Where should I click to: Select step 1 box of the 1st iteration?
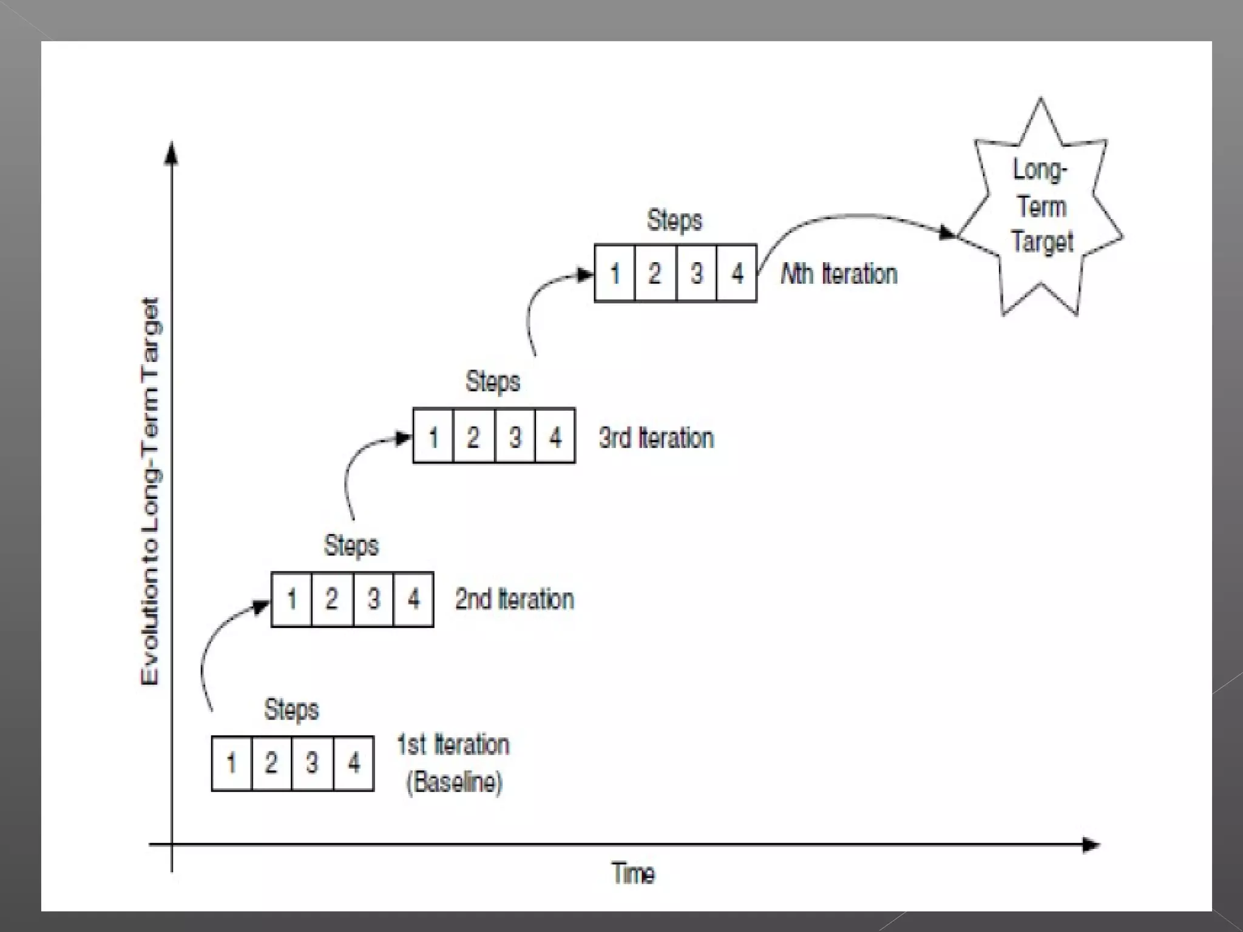coord(231,763)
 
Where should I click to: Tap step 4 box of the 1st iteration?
coord(353,763)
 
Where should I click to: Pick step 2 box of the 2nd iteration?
coord(331,599)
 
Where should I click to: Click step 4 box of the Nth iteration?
coord(737,273)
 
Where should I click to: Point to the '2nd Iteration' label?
coord(514,599)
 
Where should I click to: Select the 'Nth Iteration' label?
coord(839,274)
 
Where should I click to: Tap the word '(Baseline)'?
coord(454,782)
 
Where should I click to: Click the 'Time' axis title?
coord(633,874)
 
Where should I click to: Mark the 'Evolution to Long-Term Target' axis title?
coord(150,491)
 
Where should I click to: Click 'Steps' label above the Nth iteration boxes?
coord(674,220)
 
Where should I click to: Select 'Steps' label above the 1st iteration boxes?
coord(291,709)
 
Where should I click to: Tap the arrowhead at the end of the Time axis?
coord(1091,845)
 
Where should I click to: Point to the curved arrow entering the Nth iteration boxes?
coord(540,303)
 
